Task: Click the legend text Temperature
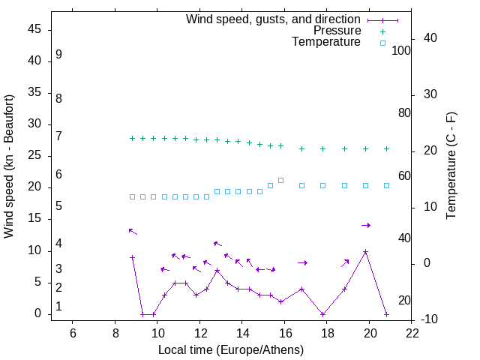tap(326, 42)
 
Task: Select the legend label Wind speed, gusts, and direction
tap(273, 19)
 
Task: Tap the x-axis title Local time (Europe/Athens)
tap(231, 349)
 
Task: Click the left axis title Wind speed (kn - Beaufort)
tap(9, 166)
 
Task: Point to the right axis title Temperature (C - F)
tap(451, 166)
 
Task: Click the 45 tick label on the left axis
tap(34, 29)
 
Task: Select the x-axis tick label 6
tap(73, 332)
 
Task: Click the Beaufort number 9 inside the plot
tap(58, 55)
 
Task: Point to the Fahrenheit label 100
tap(402, 50)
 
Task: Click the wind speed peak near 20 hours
tap(365, 252)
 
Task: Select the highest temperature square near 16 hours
tap(280, 180)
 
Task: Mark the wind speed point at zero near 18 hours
tap(322, 314)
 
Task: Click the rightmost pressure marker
tap(386, 148)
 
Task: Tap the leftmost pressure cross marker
tap(132, 138)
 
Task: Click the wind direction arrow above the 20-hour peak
tap(366, 225)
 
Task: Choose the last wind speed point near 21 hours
tap(386, 314)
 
